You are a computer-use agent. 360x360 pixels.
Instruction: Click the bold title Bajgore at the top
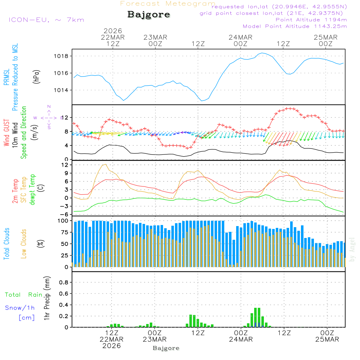[x=148, y=15]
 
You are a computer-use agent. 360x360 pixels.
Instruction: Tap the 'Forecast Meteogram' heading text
[x=168, y=4]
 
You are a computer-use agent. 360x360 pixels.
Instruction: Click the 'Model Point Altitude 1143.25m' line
[x=295, y=26]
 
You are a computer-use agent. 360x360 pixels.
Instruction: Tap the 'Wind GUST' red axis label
[x=6, y=133]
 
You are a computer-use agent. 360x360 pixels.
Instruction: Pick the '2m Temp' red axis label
[x=15, y=190]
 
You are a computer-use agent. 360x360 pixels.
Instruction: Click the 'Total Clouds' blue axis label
[x=6, y=244]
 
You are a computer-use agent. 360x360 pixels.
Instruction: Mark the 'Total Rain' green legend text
[x=24, y=294]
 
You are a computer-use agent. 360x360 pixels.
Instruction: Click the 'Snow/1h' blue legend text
[x=20, y=308]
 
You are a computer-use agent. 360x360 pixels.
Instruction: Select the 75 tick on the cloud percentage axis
[x=64, y=233]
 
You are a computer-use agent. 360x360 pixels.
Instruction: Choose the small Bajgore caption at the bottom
[x=166, y=348]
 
